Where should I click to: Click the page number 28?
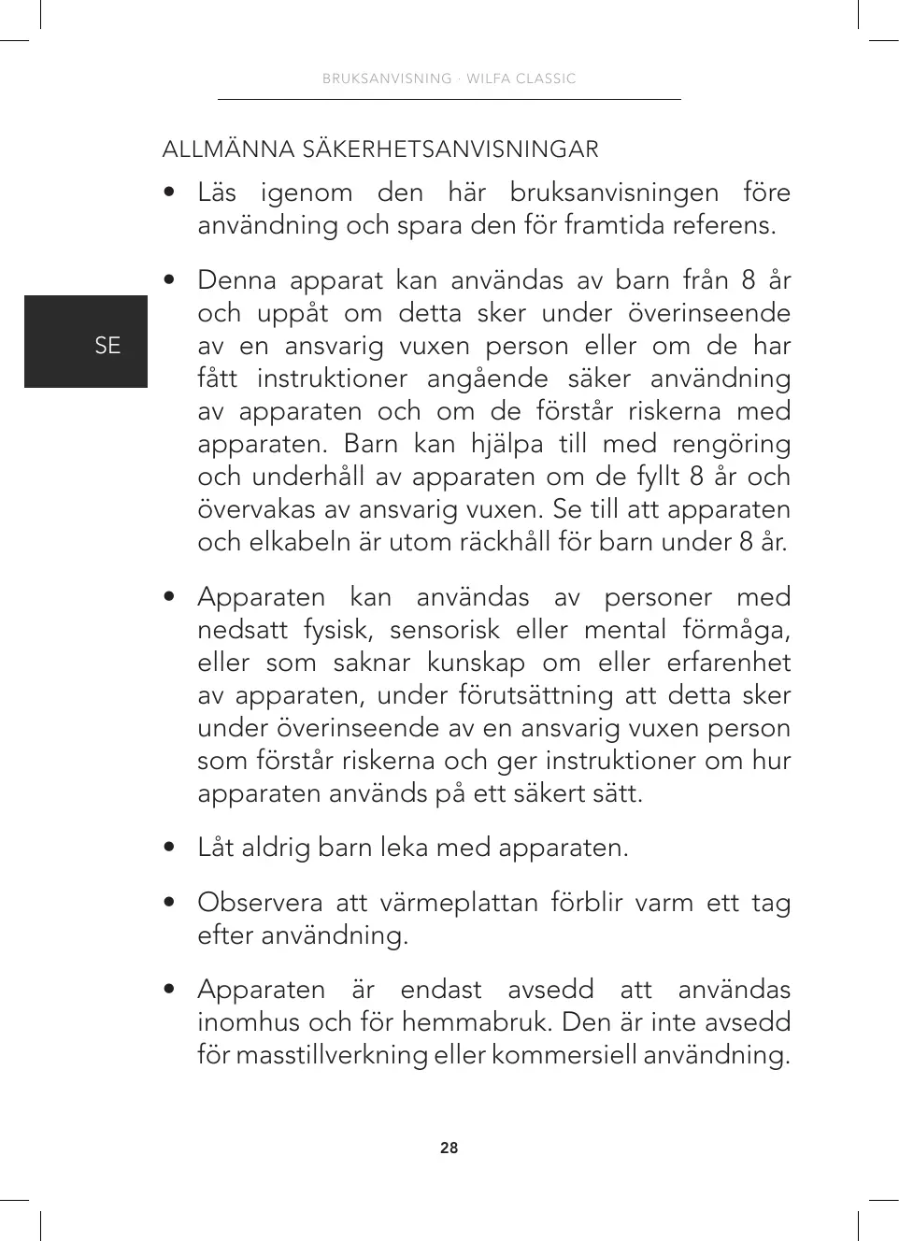point(449,1148)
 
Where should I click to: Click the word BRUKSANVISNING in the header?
point(387,78)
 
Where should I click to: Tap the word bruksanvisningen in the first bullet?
point(614,193)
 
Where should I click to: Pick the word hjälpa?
point(507,444)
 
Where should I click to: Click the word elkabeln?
point(301,542)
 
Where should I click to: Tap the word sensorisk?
point(445,630)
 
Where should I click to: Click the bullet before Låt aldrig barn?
point(169,848)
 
